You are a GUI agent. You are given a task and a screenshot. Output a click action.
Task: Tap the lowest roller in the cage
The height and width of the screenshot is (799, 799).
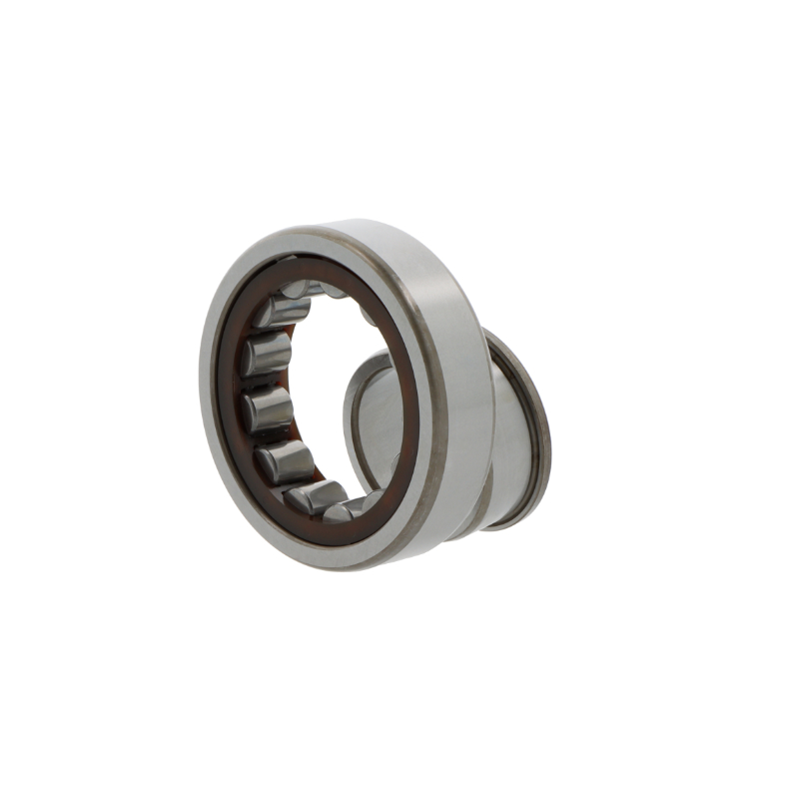click(318, 495)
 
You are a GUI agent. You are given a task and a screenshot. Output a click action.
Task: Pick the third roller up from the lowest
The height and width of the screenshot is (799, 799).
click(265, 409)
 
